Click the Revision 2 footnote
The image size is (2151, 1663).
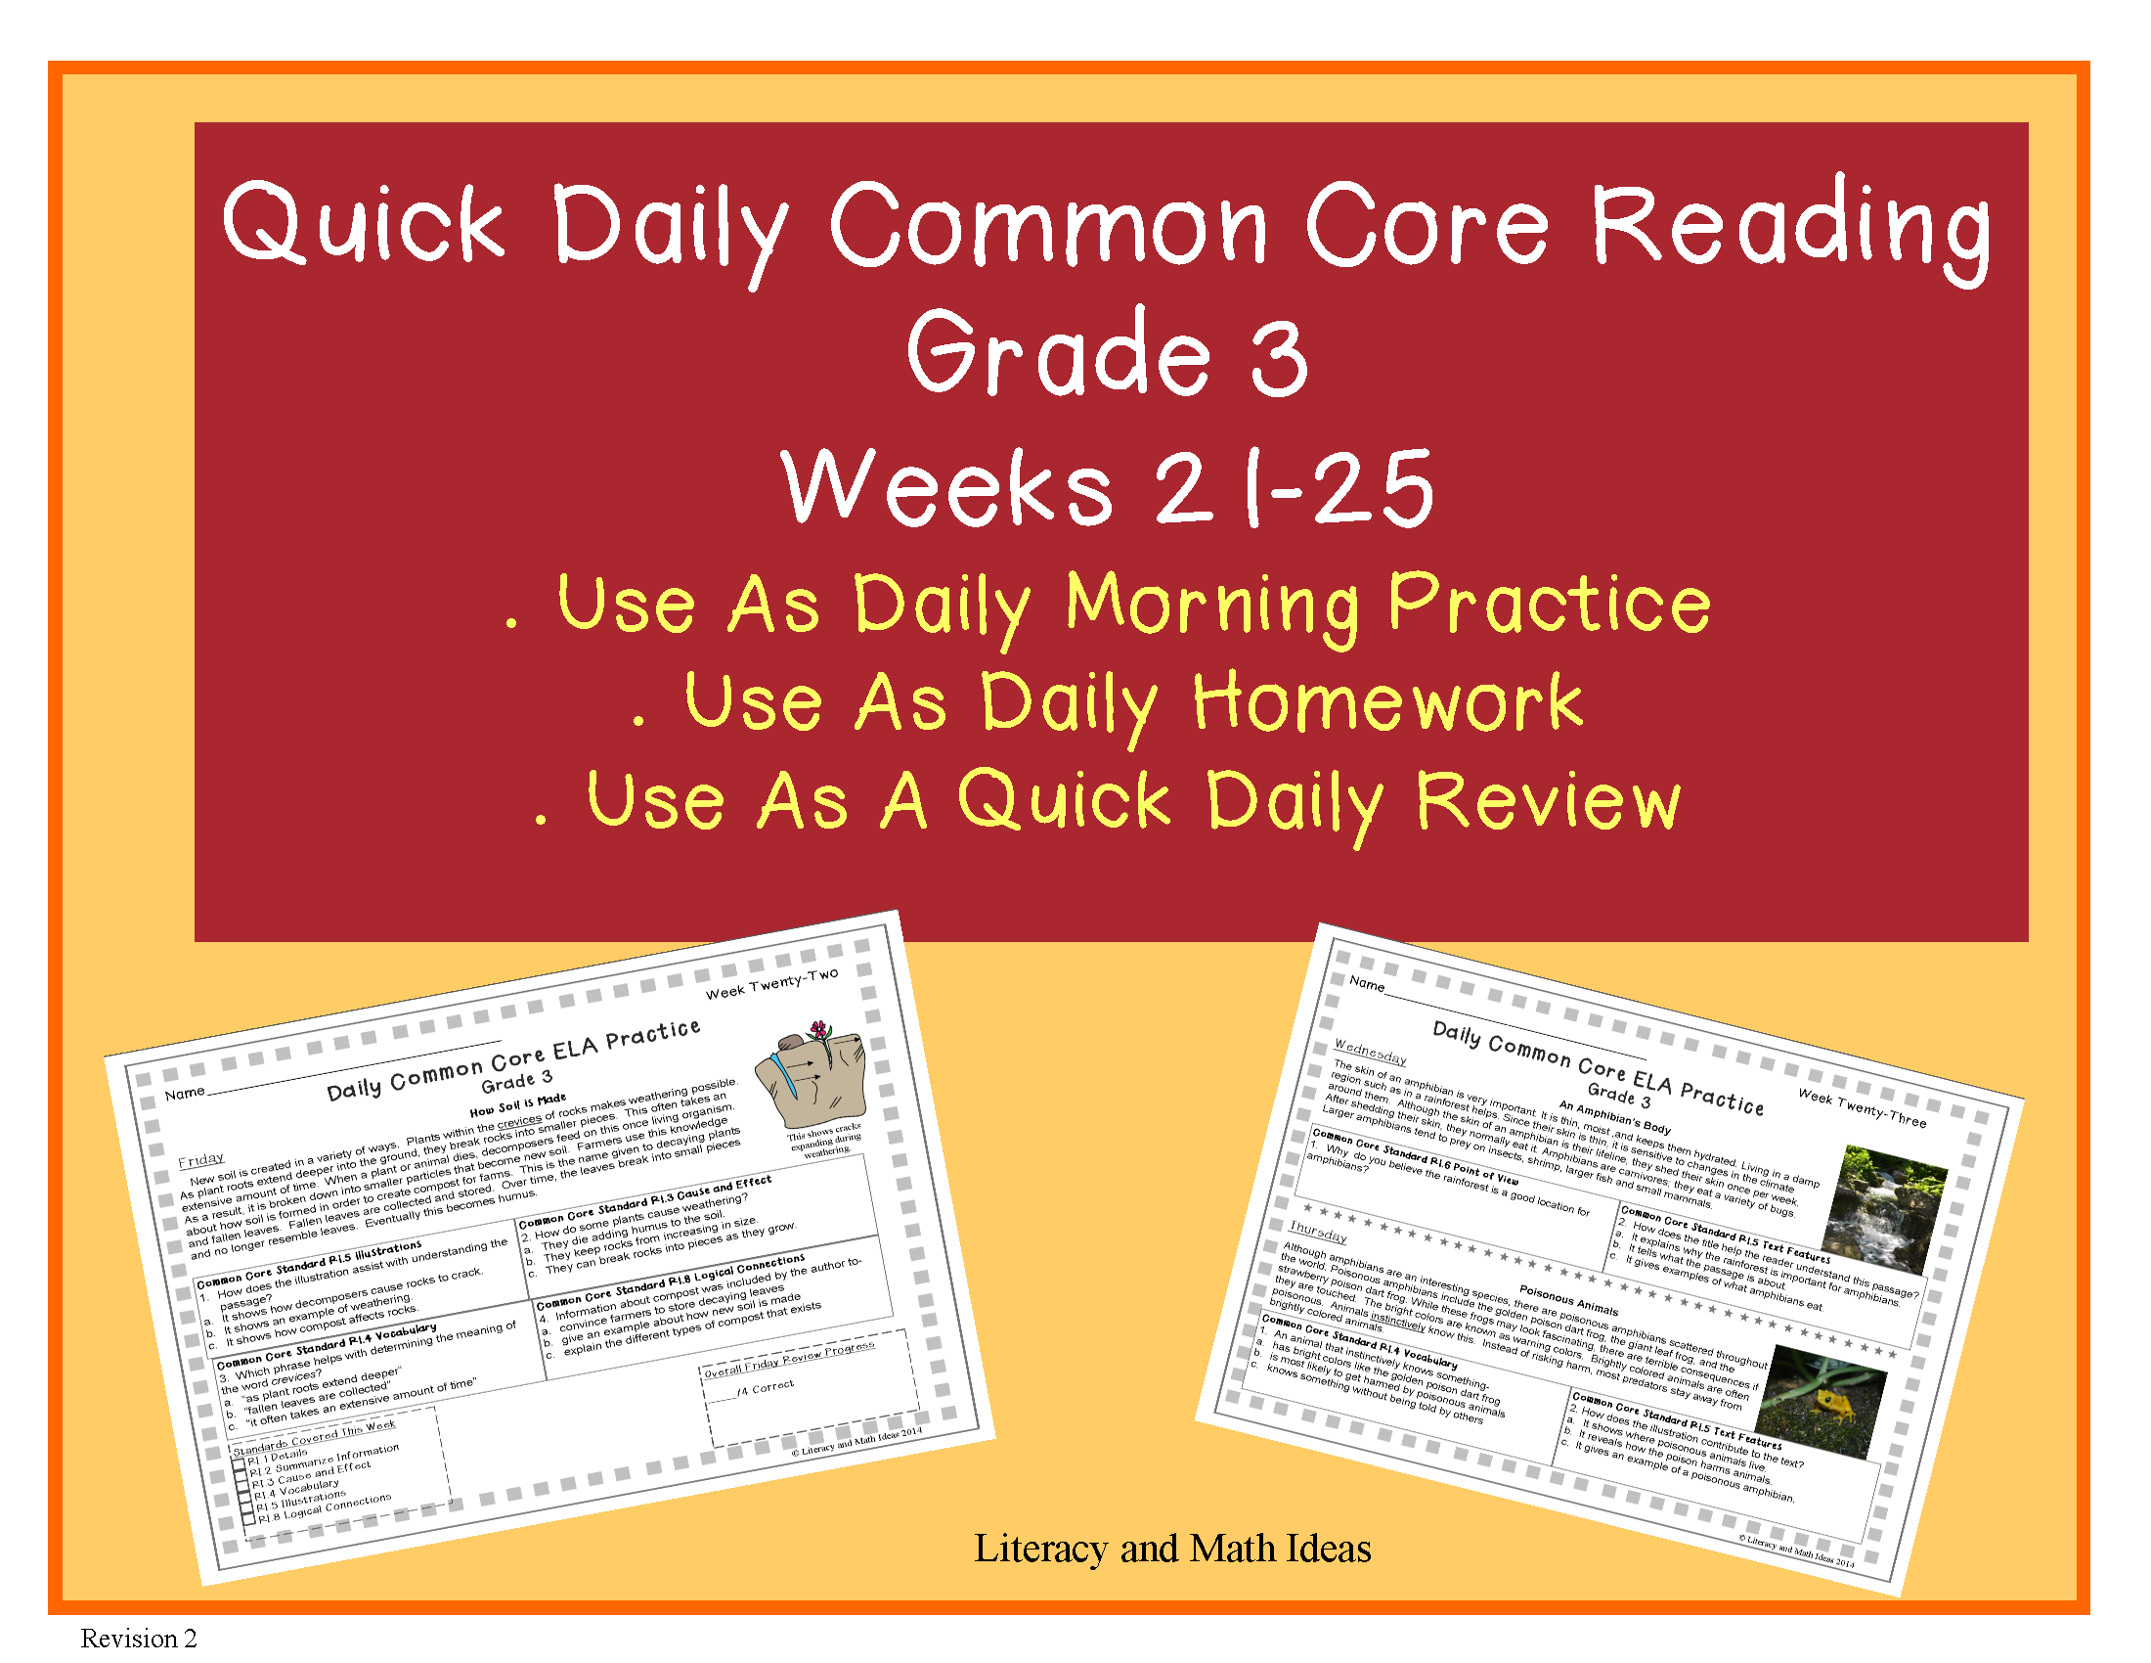139,1639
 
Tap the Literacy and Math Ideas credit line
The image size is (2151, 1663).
1172,1549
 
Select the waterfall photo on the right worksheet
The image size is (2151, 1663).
1883,1207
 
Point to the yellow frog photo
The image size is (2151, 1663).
1822,1407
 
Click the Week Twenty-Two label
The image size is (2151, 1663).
772,983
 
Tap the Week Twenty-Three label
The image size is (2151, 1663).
1863,1106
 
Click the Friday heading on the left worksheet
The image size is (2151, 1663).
200,1159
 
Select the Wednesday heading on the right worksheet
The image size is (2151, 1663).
1370,1052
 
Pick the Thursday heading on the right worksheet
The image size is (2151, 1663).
1318,1232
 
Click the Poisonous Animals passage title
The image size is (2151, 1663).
1568,1299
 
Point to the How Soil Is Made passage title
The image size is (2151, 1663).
517,1104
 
